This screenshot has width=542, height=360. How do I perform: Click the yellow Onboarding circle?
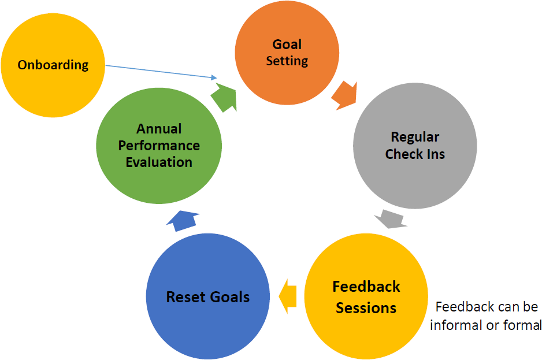click(x=53, y=64)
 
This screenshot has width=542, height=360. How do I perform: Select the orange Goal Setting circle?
click(x=287, y=53)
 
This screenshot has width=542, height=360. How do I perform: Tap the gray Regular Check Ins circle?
click(x=415, y=146)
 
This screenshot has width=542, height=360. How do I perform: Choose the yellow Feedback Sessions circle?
click(x=366, y=297)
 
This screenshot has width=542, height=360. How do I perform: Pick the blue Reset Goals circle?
click(x=208, y=297)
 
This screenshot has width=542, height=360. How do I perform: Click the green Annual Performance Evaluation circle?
click(x=159, y=146)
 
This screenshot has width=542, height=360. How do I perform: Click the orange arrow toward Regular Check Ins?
click(x=344, y=95)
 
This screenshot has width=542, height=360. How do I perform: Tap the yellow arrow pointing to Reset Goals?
click(x=287, y=296)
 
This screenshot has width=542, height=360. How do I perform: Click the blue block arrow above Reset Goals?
click(x=184, y=220)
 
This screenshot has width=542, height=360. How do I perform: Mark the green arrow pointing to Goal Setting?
click(x=224, y=95)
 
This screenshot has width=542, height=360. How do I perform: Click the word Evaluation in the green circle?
click(x=159, y=162)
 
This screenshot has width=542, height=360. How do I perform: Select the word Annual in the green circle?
click(x=159, y=129)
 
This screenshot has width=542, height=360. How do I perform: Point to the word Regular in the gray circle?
click(x=415, y=138)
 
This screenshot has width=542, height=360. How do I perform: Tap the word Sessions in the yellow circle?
click(x=366, y=307)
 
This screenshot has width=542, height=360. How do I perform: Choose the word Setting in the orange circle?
click(x=287, y=61)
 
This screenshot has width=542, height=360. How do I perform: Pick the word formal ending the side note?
click(x=523, y=325)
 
